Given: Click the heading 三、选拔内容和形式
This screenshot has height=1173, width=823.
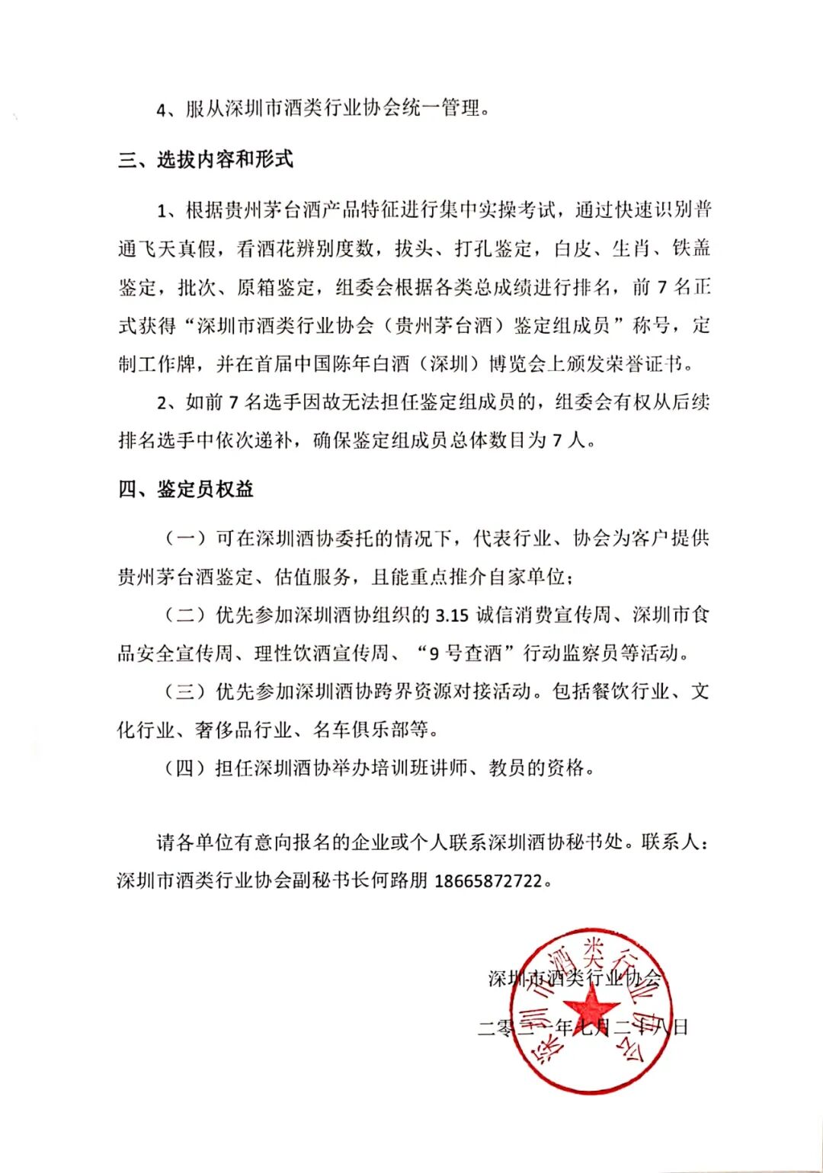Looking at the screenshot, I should point(206,160).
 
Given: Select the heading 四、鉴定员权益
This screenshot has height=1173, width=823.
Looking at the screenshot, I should point(186,489).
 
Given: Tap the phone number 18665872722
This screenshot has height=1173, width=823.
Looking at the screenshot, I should point(488,881).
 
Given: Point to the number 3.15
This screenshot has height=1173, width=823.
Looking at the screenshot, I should point(452,615).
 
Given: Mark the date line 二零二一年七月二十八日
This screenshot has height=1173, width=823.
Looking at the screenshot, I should point(583,1027).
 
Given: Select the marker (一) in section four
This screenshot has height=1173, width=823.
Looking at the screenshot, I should point(186,539).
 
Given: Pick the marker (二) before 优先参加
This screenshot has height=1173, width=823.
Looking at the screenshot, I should point(186,615).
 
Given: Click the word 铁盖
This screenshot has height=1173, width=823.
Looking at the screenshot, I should point(690,248).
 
